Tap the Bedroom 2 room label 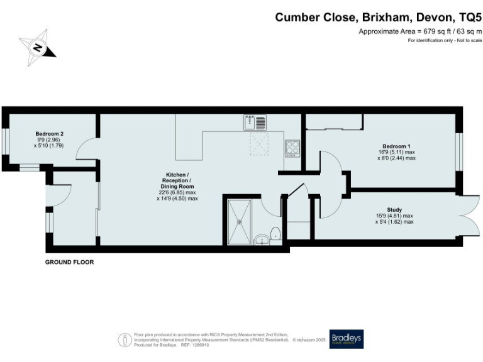coord(49,134)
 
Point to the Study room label coord(394,210)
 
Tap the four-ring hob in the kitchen coord(292,148)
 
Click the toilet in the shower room coord(275,234)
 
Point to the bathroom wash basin coord(261,239)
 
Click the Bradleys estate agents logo coord(347,337)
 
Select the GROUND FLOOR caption coord(69,262)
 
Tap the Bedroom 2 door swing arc coord(85,148)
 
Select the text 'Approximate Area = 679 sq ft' coord(398,31)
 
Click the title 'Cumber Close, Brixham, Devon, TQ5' coord(378,17)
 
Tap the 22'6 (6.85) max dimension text coord(177,192)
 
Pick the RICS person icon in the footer coord(125,339)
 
